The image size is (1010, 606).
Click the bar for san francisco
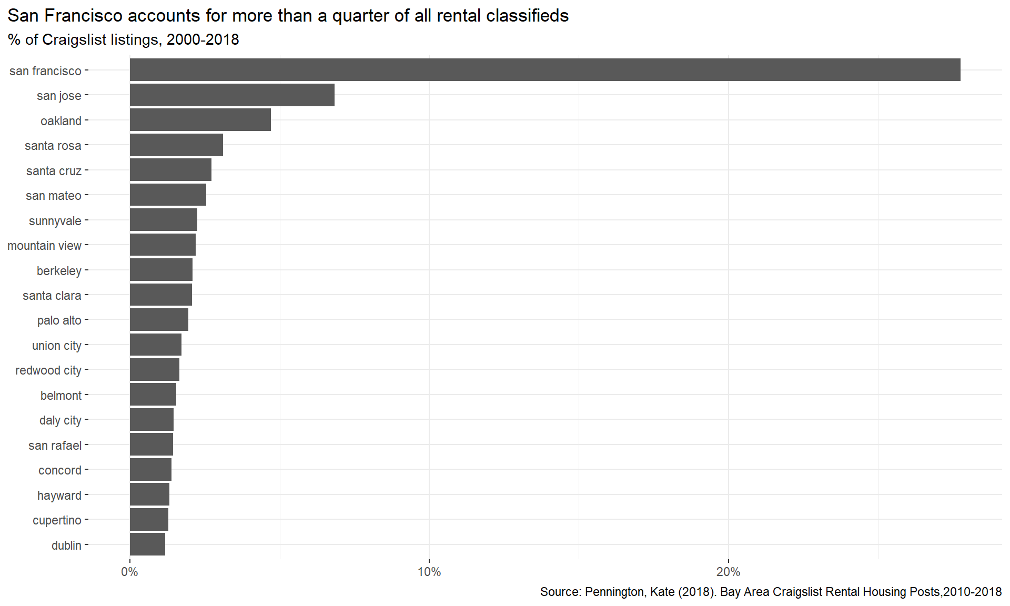point(545,70)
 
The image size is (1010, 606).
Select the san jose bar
point(232,95)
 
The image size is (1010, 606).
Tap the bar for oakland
point(200,120)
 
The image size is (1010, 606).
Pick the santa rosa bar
point(176,145)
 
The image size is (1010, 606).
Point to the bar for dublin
point(147,544)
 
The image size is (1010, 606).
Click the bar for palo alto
point(159,319)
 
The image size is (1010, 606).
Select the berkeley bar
point(161,270)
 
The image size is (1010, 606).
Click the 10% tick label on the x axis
point(429,572)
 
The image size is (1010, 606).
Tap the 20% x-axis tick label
point(729,572)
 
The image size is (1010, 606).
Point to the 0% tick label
point(129,572)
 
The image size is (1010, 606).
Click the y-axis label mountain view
point(44,246)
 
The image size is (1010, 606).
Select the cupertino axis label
point(57,521)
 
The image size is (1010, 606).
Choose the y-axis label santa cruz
point(54,171)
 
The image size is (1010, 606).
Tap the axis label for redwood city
point(48,371)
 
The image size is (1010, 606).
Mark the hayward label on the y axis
point(59,496)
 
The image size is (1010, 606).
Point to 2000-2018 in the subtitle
point(203,40)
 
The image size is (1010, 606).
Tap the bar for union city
point(156,345)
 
